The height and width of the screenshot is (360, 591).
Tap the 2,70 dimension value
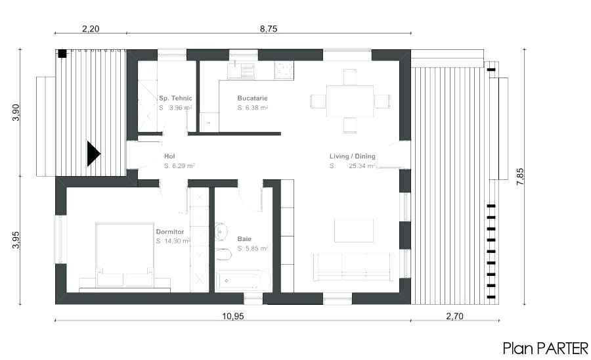(x=454, y=316)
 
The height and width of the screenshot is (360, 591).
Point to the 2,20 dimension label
(x=91, y=29)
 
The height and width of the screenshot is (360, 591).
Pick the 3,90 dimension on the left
(x=16, y=112)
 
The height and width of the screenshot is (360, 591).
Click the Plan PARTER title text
(x=546, y=348)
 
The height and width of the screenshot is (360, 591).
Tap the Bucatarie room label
(x=253, y=99)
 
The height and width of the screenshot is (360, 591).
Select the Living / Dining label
(x=353, y=156)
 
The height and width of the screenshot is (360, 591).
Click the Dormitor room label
(x=169, y=232)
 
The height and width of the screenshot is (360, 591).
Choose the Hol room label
(x=169, y=157)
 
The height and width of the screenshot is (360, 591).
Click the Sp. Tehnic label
(x=175, y=99)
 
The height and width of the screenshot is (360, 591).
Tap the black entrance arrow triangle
(x=93, y=154)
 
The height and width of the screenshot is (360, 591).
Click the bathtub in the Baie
(x=243, y=281)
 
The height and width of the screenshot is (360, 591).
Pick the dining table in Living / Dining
(x=350, y=101)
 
